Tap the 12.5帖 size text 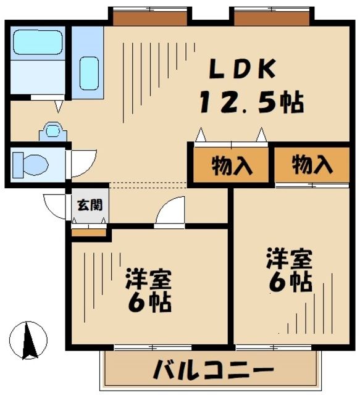(251, 102)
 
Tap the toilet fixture (31, 164)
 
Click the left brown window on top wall (149, 17)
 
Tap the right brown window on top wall (270, 17)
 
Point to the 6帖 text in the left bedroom (149, 304)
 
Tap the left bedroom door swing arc (170, 214)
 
